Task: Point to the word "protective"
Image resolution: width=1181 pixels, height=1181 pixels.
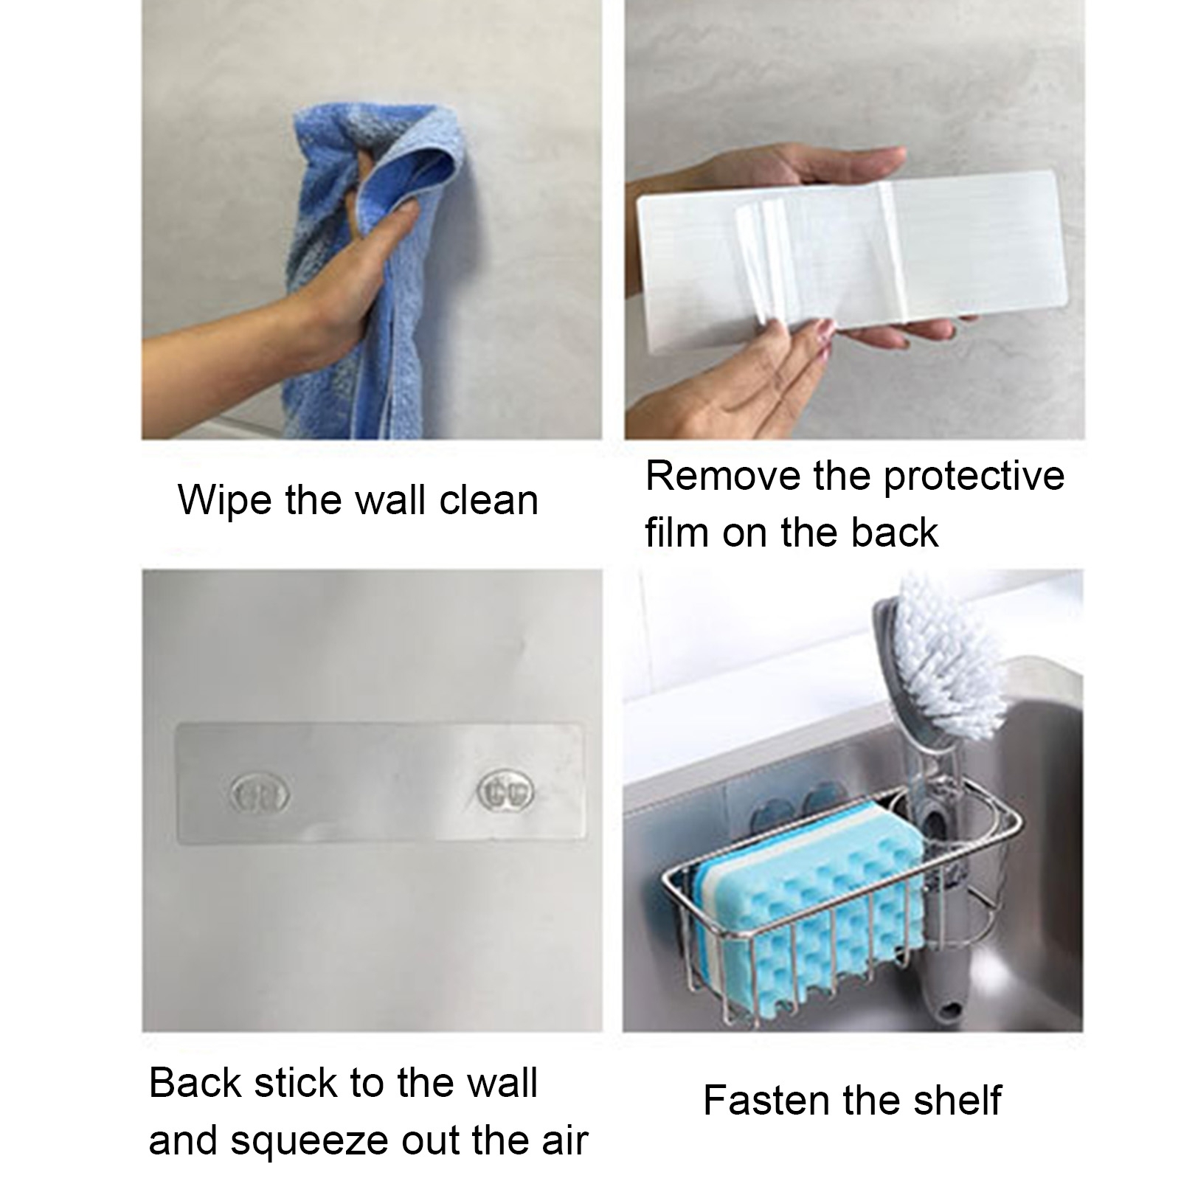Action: [974, 478]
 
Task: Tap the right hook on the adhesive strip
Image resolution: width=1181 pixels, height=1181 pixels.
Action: [505, 789]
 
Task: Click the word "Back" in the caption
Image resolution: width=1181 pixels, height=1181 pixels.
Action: [195, 1084]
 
